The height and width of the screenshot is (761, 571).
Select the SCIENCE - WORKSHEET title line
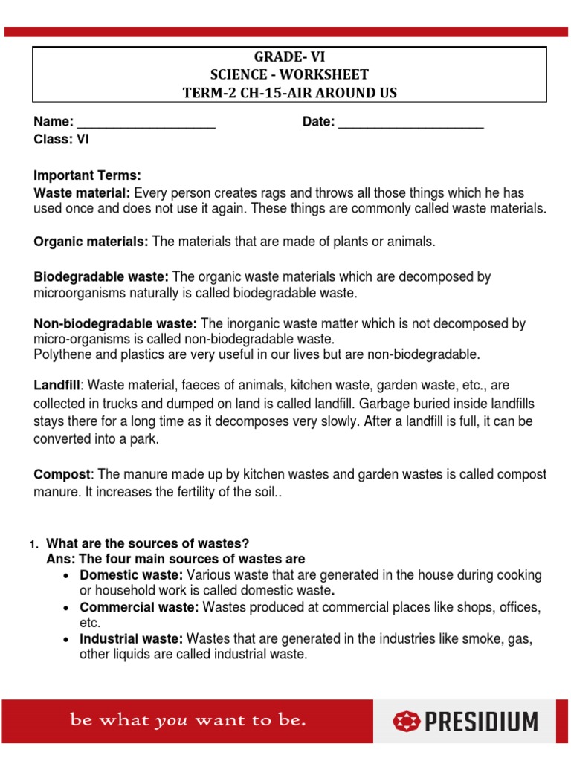tap(290, 74)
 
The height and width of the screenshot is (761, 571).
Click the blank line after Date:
tap(410, 123)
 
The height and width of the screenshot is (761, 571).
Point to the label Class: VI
tap(61, 138)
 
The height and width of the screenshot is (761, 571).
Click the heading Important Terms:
tap(87, 175)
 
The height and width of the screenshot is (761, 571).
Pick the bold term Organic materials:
tap(91, 242)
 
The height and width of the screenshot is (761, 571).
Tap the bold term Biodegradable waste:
tap(101, 277)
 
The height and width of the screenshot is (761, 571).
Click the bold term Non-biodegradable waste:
tap(115, 324)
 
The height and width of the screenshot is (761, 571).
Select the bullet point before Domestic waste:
tap(68, 576)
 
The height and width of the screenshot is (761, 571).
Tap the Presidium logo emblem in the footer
tap(406, 721)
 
